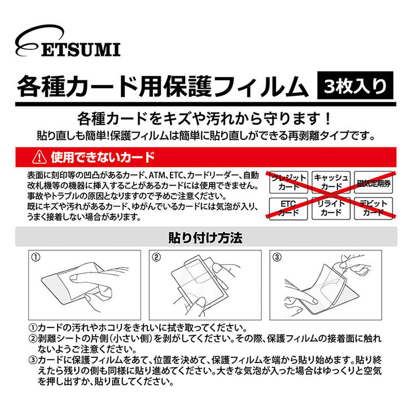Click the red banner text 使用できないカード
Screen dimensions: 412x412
point(102,155)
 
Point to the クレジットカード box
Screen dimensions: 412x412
point(288,182)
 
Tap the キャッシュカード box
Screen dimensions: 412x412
point(331,182)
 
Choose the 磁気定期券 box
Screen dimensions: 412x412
point(374,182)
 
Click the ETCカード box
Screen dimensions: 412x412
point(288,208)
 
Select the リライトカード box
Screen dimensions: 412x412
point(331,208)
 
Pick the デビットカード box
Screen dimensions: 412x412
point(374,208)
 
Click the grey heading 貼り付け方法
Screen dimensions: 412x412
point(205,237)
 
